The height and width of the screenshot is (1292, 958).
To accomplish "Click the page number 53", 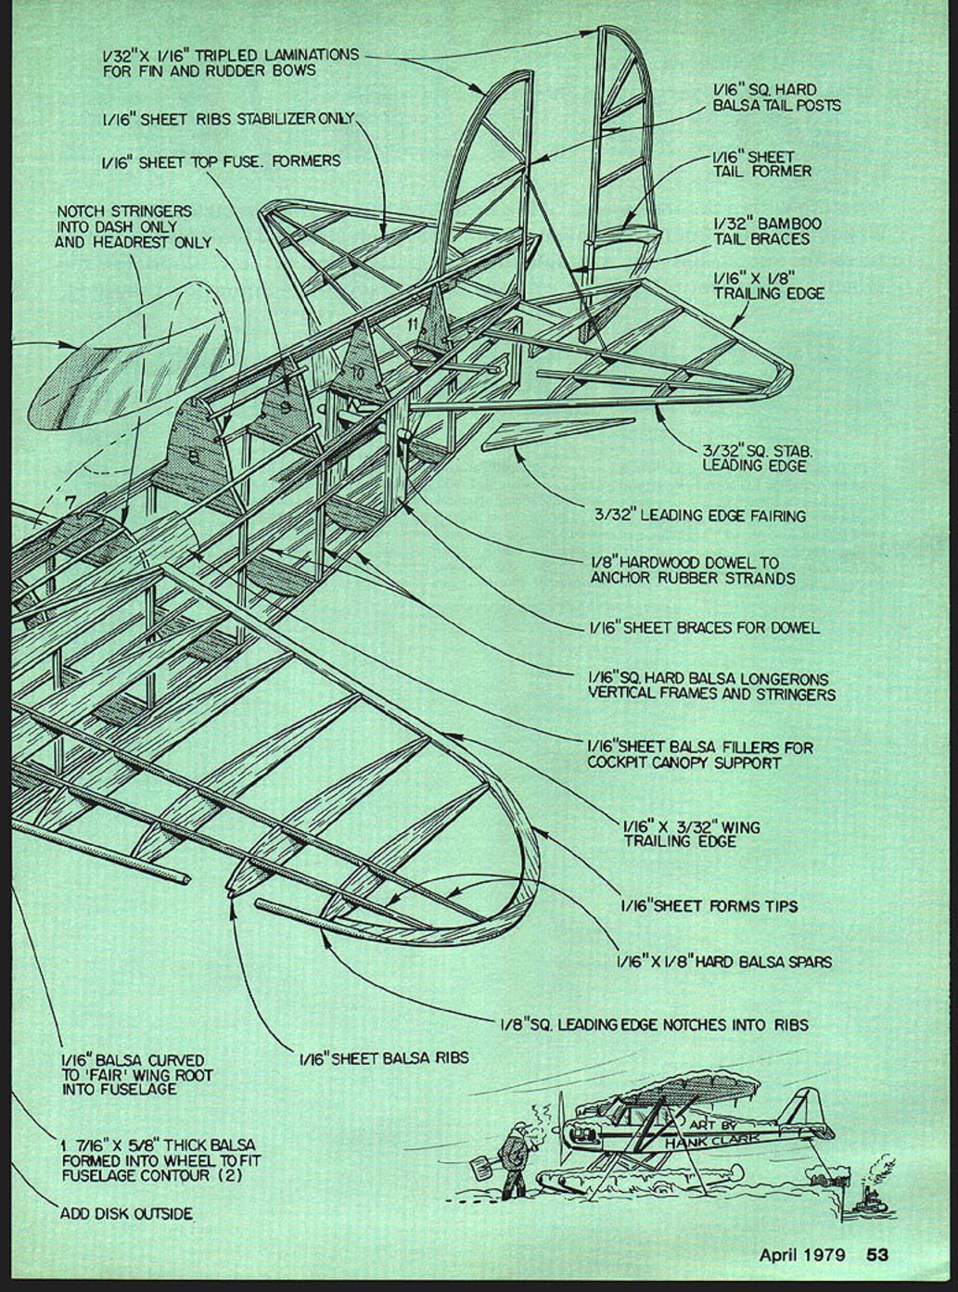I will point(877,1255).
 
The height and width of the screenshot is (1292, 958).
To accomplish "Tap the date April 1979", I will point(802,1255).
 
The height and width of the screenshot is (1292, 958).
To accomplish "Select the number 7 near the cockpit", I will point(70,502).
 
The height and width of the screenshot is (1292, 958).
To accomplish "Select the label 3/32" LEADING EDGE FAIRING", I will point(700,515).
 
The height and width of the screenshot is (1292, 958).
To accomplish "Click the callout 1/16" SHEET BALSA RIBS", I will point(383,1057).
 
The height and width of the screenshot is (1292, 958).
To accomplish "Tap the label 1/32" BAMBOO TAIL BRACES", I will point(767,231).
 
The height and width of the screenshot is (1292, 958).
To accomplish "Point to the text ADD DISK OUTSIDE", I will point(127,1213).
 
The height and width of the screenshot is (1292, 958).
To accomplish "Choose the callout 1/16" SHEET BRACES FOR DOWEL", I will point(704,628).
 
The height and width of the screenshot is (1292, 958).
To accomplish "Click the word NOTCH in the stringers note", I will point(78,211).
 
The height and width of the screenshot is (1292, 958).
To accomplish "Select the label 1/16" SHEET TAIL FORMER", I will point(761,164).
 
